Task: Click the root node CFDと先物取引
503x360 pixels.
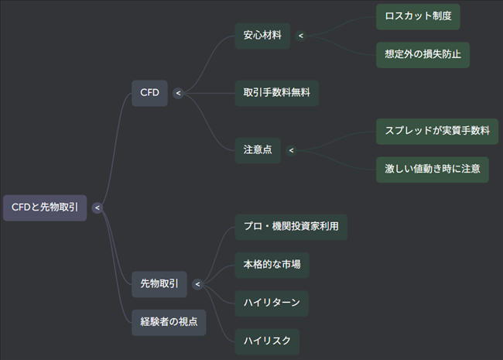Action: pos(45,207)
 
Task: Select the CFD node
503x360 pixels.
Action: pos(149,93)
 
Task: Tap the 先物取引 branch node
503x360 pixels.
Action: pos(159,284)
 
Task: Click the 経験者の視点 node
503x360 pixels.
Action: pos(169,321)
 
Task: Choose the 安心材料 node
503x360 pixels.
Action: pos(262,36)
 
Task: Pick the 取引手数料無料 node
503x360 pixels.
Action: pos(276,93)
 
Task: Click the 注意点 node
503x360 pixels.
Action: pos(258,150)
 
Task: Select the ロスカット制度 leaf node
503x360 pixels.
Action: pos(418,16)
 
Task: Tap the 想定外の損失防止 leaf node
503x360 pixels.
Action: pos(423,54)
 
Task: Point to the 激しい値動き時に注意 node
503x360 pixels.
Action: pos(432,169)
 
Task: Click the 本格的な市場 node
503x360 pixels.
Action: pos(272,264)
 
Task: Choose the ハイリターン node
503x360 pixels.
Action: pos(272,303)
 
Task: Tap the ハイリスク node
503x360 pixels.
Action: pos(267,341)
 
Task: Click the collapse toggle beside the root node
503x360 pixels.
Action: pos(97,207)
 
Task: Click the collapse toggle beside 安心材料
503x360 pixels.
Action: pos(301,36)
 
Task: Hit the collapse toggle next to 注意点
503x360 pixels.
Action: pos(291,150)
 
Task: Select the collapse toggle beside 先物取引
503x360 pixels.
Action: pos(197,284)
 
